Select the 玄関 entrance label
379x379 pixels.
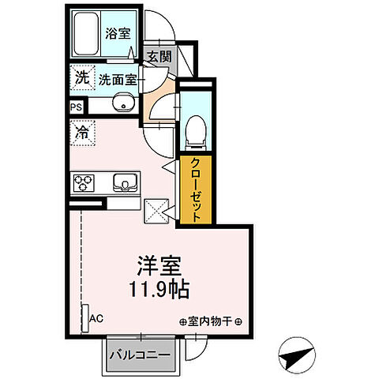click(x=158, y=56)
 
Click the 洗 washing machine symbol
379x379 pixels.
click(x=82, y=77)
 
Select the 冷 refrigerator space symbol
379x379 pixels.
click(x=82, y=132)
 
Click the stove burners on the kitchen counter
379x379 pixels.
click(x=84, y=184)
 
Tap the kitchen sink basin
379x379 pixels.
click(x=125, y=184)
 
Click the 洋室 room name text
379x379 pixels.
click(x=156, y=264)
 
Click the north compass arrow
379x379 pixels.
click(x=296, y=355)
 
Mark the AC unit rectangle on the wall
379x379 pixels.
click(x=85, y=315)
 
